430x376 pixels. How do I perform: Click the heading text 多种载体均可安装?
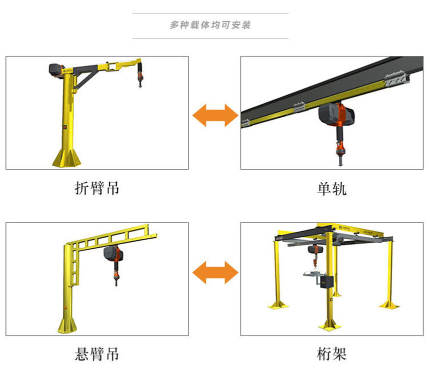[x=210, y=25]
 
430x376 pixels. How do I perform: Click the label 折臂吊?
[x=97, y=188]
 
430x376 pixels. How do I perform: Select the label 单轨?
[x=332, y=189]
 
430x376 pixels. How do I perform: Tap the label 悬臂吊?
[x=97, y=354]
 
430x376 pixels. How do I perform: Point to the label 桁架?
[x=332, y=354]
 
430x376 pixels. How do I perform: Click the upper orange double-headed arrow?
[x=215, y=115]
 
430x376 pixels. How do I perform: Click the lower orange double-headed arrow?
[x=215, y=273]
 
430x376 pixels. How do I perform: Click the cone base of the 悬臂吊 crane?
[x=67, y=326]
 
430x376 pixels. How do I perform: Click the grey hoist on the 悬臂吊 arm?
[x=113, y=254]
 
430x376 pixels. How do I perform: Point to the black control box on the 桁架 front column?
[x=327, y=282]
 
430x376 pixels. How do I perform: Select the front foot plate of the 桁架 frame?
[x=329, y=327]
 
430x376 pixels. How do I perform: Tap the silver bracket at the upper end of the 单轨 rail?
[x=396, y=77]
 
